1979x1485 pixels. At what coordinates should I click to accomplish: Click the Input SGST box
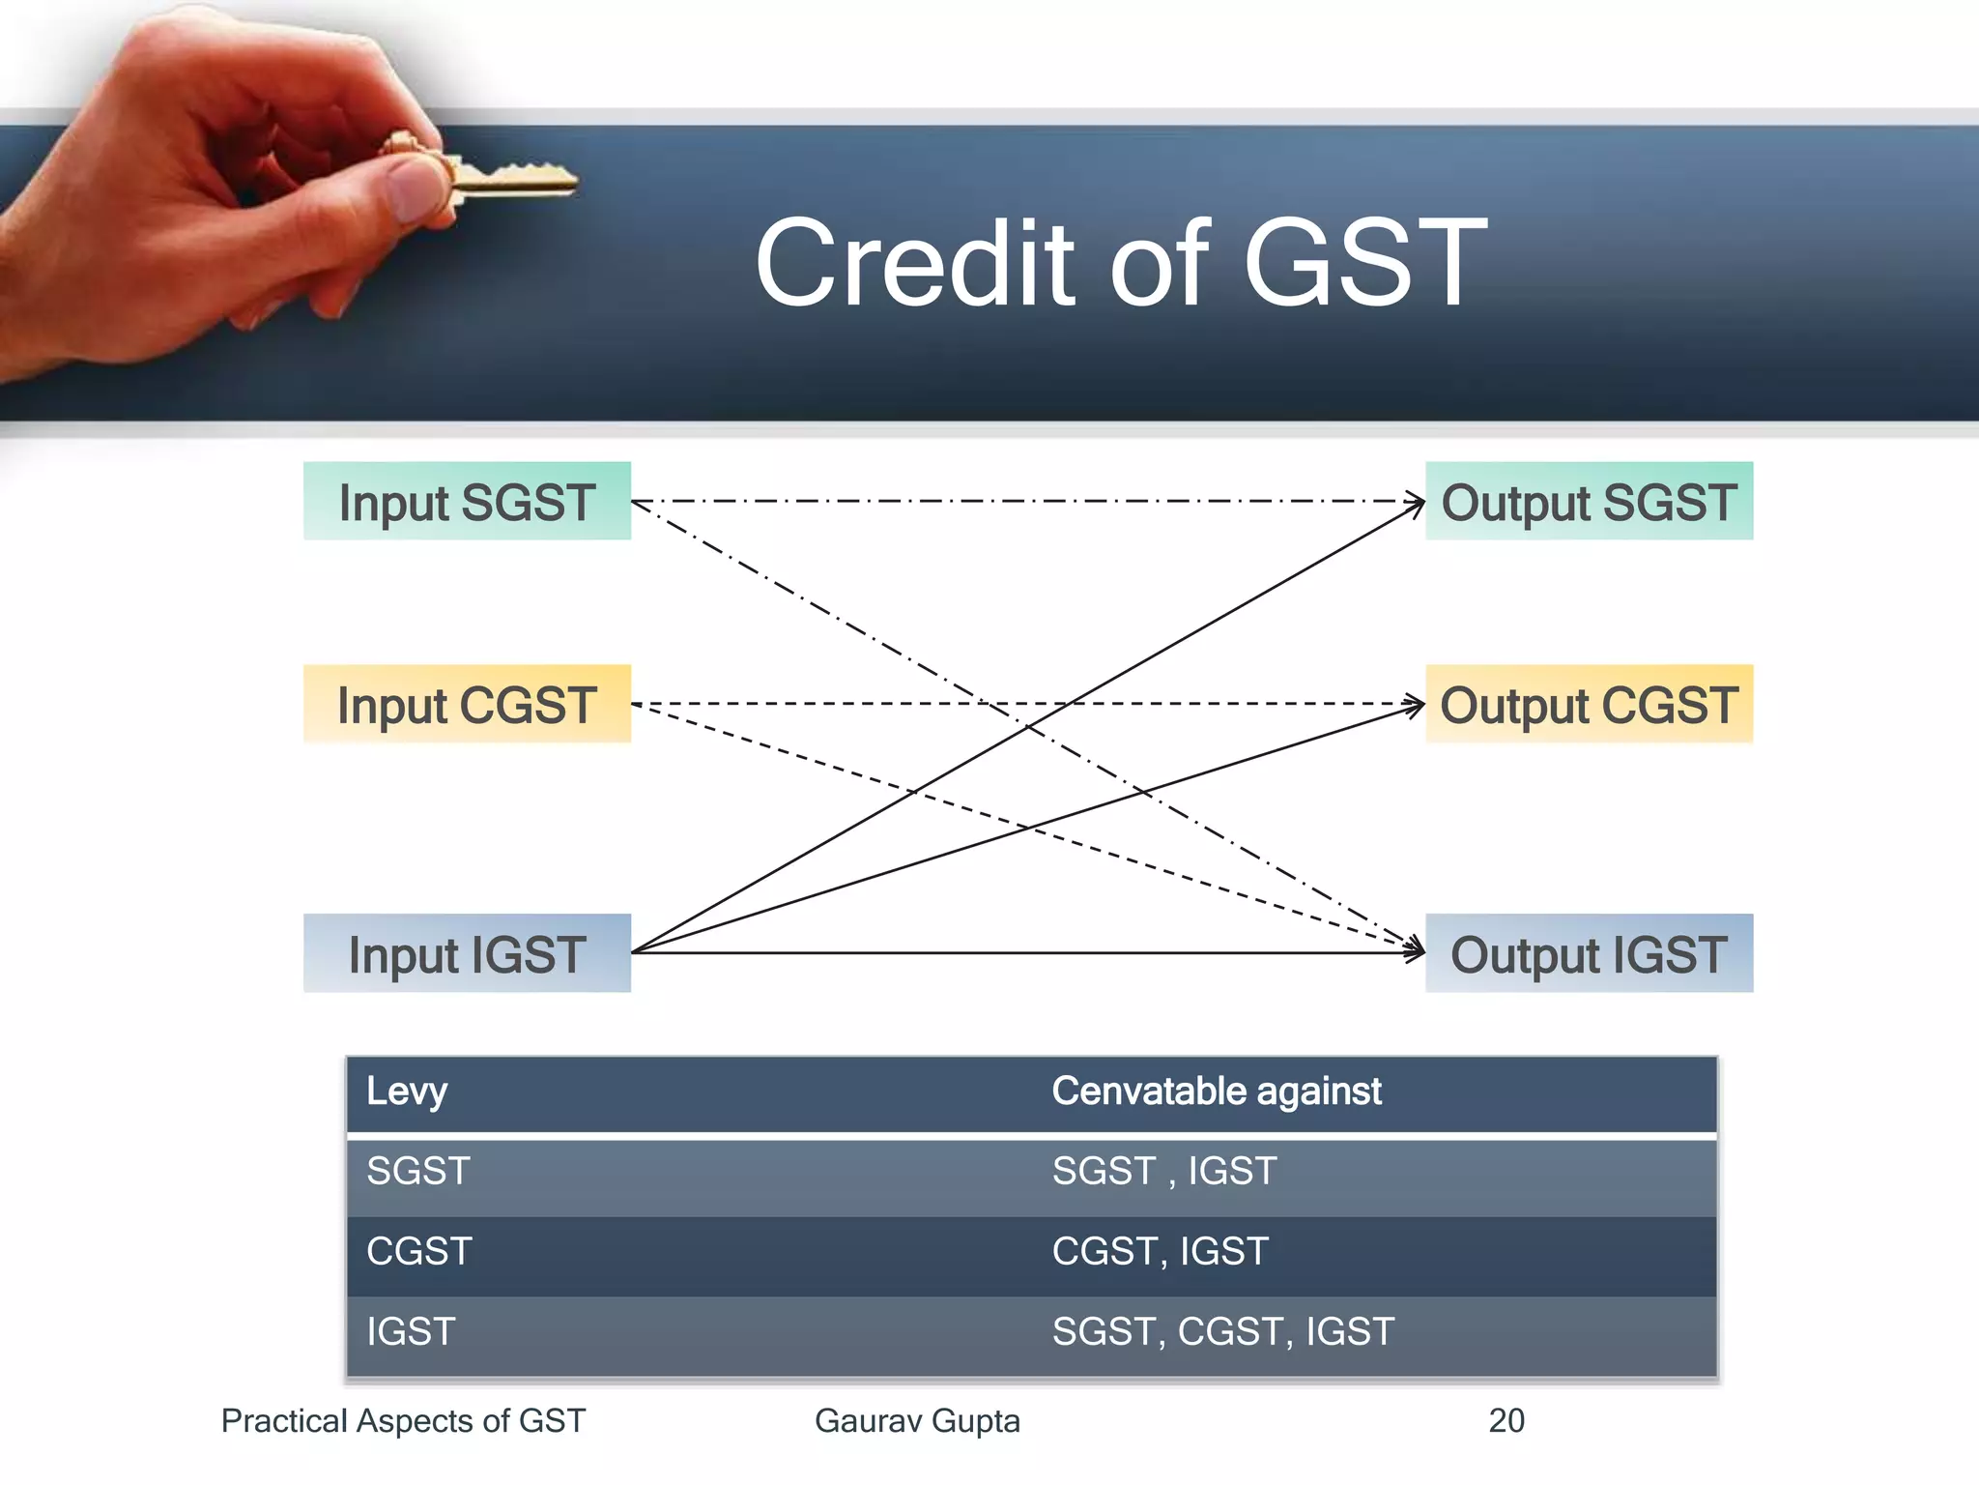(467, 501)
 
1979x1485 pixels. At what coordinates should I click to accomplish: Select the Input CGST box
(467, 704)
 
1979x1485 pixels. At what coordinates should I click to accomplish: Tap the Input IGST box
(467, 953)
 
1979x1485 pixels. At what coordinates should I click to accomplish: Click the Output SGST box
(1589, 501)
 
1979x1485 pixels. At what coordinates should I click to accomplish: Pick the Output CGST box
(1589, 704)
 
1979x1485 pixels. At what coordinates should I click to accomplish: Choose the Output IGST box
(1589, 953)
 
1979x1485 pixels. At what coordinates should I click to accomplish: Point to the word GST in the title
(1364, 263)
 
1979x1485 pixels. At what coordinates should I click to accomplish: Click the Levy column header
(407, 1092)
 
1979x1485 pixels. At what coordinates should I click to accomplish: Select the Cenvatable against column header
(1216, 1092)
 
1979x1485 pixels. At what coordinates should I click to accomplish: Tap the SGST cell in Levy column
(417, 1172)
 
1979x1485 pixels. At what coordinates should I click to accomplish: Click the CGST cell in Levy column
(418, 1252)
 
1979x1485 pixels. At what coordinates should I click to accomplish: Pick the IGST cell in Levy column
(410, 1332)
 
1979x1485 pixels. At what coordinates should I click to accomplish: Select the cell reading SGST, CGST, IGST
(1222, 1332)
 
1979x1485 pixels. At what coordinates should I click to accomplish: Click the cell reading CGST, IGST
(1160, 1252)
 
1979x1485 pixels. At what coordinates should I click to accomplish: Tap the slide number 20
(1506, 1420)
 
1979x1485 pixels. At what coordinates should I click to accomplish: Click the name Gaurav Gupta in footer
(917, 1420)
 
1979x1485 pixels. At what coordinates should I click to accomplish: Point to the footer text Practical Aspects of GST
(403, 1420)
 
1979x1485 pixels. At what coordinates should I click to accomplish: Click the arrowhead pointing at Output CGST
(1416, 705)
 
